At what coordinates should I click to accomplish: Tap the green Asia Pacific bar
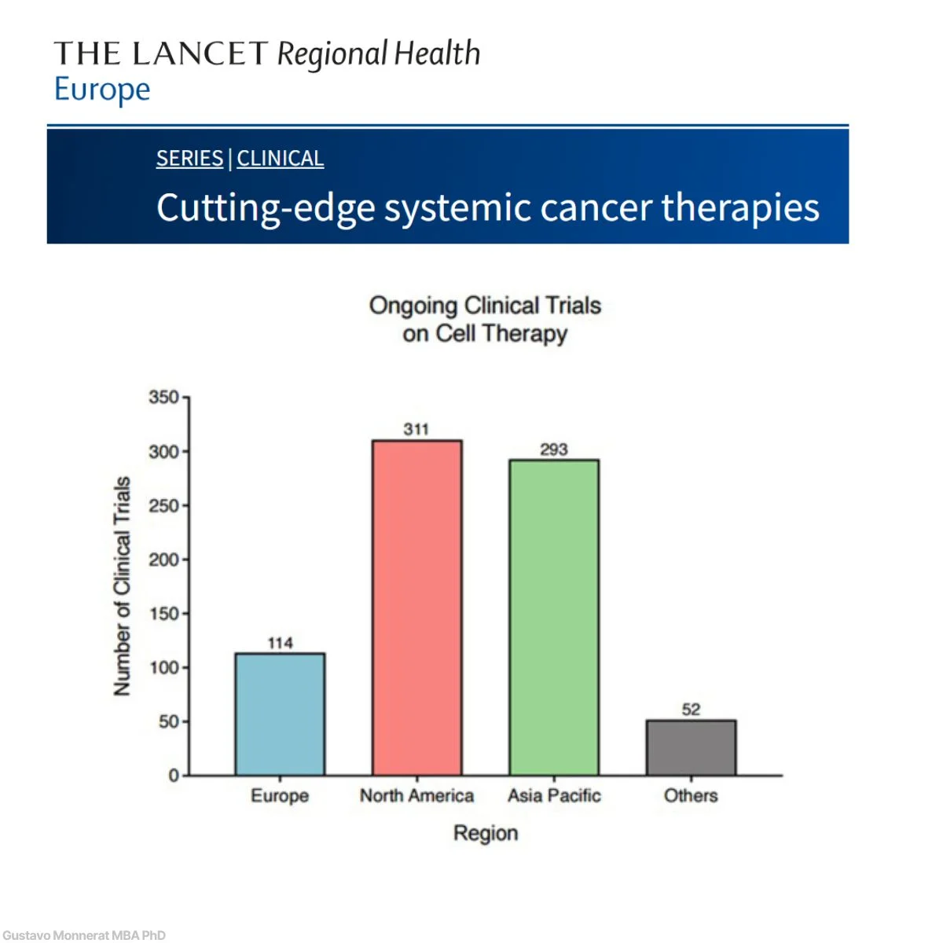coord(554,617)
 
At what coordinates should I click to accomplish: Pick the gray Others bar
coord(691,747)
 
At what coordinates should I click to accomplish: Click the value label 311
coord(416,429)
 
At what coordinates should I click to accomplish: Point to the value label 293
coord(554,449)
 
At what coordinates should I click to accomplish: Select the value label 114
coord(280,643)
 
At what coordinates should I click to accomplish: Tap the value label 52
coord(691,710)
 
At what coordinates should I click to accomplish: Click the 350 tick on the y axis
coord(164,398)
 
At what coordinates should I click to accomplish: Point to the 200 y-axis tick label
coord(164,560)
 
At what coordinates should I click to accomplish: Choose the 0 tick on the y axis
coord(174,776)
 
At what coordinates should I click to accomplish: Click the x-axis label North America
coord(416,796)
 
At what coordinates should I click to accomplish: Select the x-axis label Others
coord(691,796)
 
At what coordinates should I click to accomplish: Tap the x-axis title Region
coord(486,833)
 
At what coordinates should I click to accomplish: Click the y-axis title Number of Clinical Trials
coord(122,585)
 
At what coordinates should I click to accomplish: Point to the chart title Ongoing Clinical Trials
coord(485,306)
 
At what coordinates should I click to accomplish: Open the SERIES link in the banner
coord(189,159)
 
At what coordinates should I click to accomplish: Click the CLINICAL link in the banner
coord(280,159)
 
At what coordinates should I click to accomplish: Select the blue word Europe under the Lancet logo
coord(102,90)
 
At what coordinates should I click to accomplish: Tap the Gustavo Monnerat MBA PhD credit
coord(84,935)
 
